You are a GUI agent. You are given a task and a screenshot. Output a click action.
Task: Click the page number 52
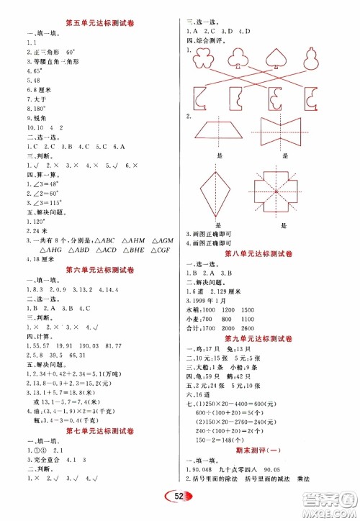[182, 497]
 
